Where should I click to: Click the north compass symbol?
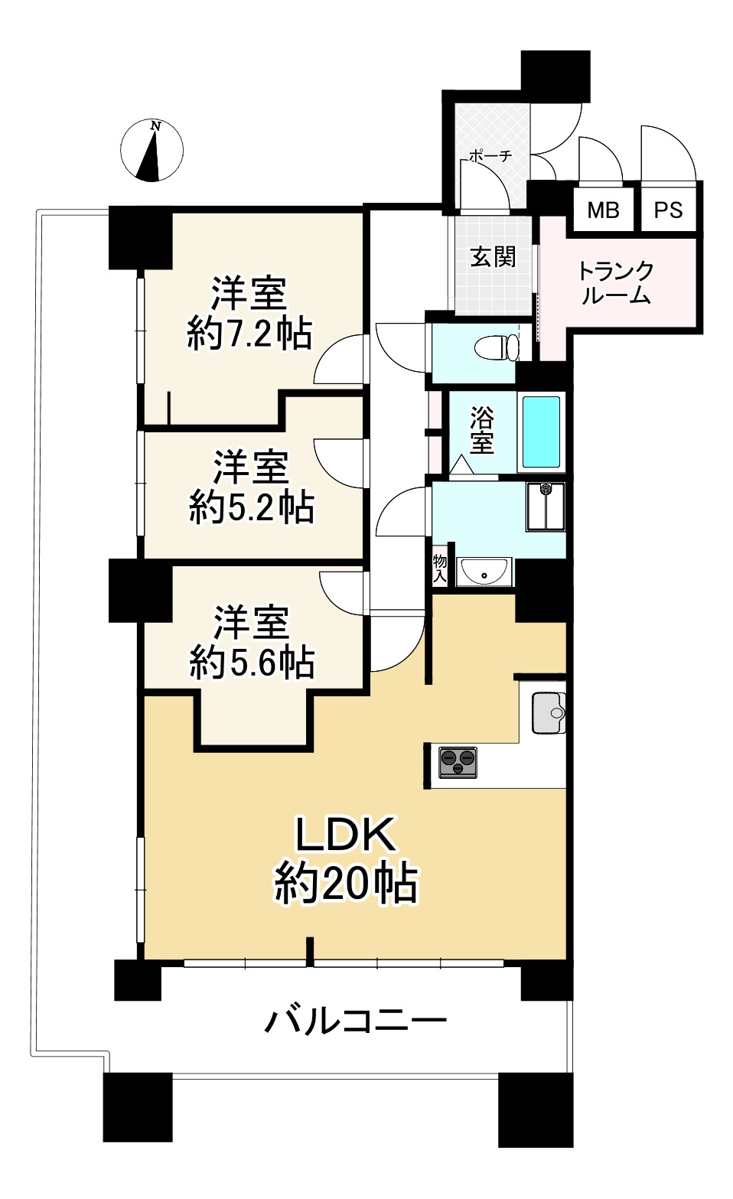point(151,151)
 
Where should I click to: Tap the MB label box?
point(603,210)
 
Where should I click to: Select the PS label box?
point(668,210)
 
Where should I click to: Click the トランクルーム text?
point(616,283)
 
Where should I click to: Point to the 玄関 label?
point(493,257)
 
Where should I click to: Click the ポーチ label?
point(490,156)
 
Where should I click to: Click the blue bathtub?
point(541,432)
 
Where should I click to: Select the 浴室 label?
point(482,431)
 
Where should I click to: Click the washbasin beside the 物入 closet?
point(484,572)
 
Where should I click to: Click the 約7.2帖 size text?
point(249,334)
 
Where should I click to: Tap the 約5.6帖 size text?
point(252,662)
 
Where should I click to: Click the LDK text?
point(346,835)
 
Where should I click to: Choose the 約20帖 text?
point(346,884)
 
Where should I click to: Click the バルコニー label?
point(356,1021)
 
